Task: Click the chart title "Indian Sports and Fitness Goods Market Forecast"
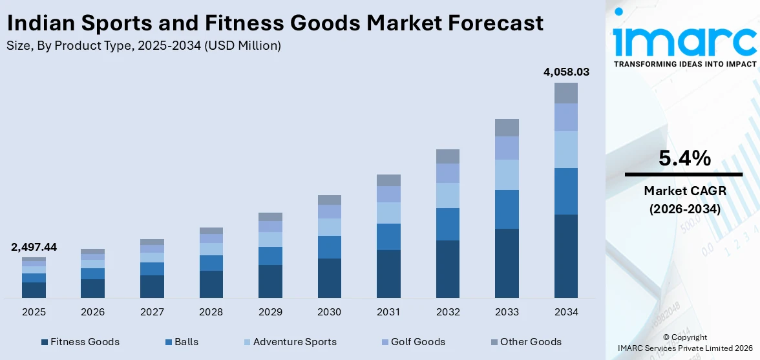275,23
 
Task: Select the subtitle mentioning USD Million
143,46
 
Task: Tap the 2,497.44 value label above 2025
34,247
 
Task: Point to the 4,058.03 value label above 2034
566,72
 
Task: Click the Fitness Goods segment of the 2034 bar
566,256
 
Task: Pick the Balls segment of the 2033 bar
507,209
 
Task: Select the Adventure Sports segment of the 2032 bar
447,195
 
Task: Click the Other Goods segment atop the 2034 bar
566,93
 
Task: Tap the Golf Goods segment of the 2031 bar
388,194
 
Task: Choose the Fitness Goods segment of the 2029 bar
270,281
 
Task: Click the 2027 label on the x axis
152,312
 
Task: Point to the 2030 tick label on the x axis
329,312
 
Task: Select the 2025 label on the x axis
34,312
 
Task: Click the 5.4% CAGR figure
684,158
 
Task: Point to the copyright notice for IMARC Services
684,343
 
